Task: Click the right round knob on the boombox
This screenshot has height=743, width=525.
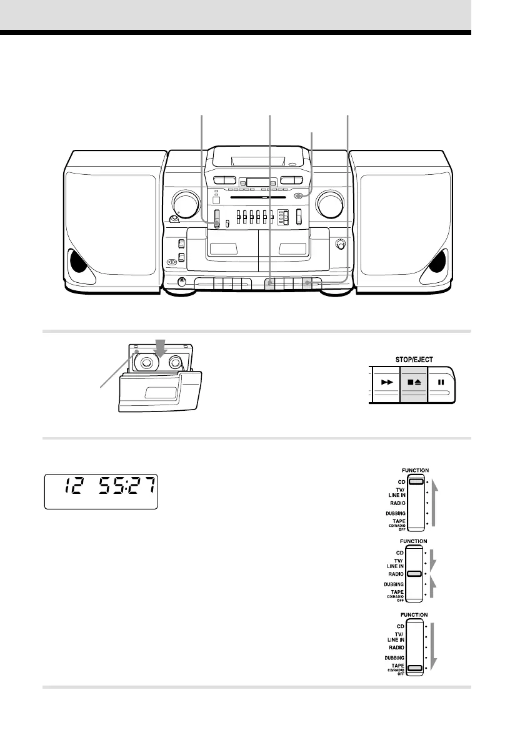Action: click(329, 204)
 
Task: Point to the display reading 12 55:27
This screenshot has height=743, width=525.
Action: click(101, 491)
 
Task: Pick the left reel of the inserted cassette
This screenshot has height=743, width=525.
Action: click(148, 362)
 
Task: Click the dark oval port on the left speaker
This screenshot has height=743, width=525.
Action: click(78, 260)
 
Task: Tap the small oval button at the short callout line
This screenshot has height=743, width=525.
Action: click(299, 196)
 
